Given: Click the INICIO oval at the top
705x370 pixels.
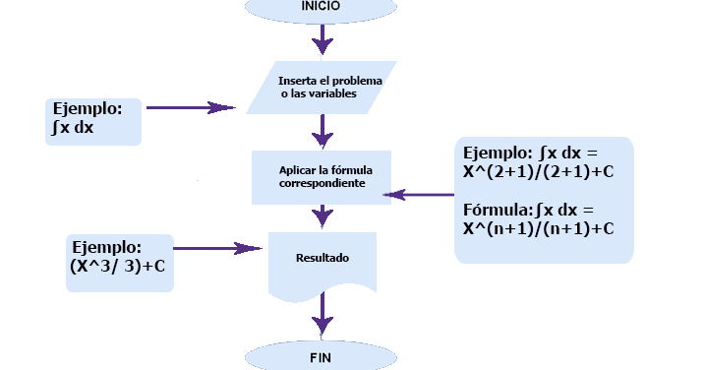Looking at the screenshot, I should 321,8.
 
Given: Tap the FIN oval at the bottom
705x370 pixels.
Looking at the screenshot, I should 321,356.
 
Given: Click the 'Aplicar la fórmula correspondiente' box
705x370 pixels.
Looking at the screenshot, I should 321,175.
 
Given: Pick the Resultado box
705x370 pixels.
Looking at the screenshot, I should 323,264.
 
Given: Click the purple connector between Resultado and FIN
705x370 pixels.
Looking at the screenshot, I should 322,316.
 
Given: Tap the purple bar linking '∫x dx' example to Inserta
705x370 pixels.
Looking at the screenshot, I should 191,107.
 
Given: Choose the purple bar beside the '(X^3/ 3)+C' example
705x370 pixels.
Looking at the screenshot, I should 217,249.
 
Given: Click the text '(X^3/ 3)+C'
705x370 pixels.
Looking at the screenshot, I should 117,265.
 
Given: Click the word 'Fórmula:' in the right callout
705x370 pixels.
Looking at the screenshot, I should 498,210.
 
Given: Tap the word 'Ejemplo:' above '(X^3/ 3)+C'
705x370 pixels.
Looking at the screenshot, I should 105,247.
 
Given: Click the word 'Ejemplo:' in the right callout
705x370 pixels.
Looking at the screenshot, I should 498,153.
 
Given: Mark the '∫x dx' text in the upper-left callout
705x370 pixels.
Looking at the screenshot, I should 75,127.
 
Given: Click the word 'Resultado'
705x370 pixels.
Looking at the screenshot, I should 323,259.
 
